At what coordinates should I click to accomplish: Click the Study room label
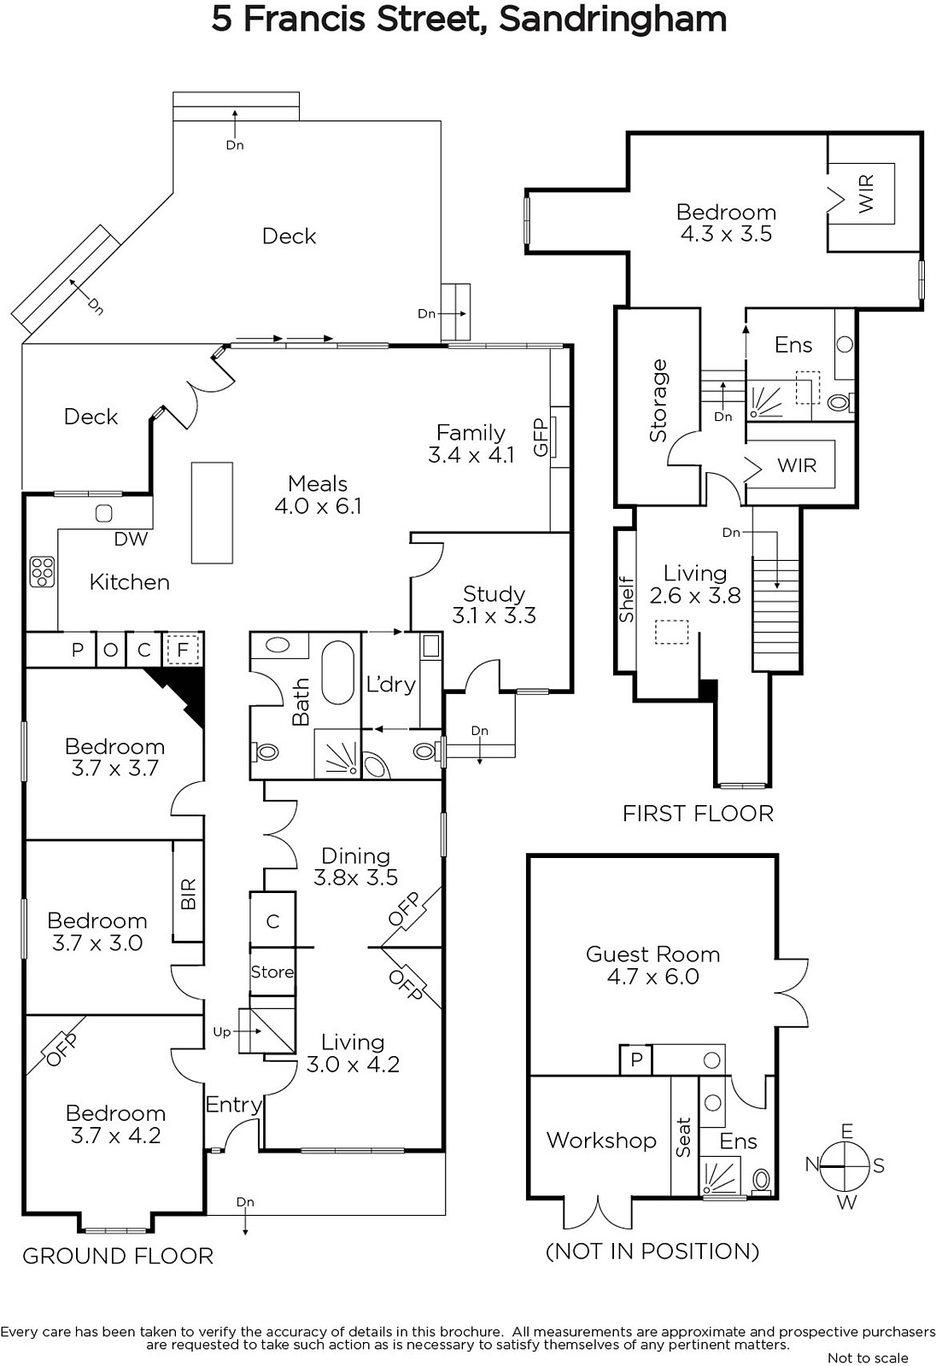tap(494, 594)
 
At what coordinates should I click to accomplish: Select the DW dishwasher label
tap(131, 539)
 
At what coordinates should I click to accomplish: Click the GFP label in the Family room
tap(540, 437)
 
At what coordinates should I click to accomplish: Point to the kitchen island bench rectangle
tap(212, 512)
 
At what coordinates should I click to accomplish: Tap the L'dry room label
tap(390, 684)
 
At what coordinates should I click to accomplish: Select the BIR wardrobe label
tap(189, 894)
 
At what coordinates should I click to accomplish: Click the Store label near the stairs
tap(272, 972)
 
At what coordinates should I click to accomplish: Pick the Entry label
tap(233, 1105)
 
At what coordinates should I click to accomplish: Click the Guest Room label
tap(652, 954)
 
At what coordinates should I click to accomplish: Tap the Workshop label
tap(601, 1140)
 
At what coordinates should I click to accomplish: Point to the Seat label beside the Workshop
tap(684, 1137)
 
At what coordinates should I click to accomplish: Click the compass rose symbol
tap(845, 1166)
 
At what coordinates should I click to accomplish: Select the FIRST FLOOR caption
tap(698, 814)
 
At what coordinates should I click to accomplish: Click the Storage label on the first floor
tap(658, 400)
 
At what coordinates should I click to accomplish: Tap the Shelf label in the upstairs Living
tap(627, 599)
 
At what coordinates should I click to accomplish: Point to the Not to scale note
tap(868, 1357)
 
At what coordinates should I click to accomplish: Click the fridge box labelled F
tap(181, 650)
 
